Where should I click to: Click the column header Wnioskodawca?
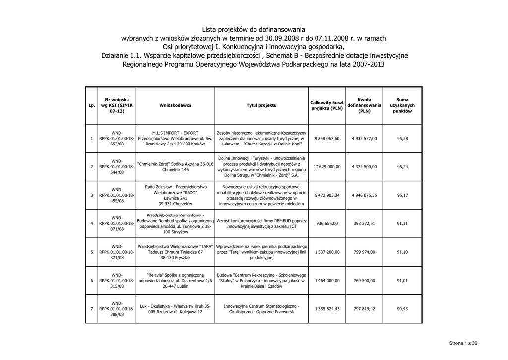coord(175,105)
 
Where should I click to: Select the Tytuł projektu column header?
coord(261,105)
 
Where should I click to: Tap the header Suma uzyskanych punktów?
coord(402,105)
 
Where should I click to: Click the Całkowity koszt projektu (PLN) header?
coord(327,105)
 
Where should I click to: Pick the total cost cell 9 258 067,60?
coord(327,138)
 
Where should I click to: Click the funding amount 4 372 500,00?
coord(364,166)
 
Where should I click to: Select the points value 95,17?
coord(402,195)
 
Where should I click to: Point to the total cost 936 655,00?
coord(327,223)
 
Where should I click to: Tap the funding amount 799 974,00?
coord(364,252)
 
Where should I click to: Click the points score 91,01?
coord(402,281)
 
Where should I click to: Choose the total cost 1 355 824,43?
coord(327,309)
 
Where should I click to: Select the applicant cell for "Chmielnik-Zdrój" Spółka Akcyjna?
coord(175,166)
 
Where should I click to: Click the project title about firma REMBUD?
coord(261,223)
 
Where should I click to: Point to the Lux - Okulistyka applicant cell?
coord(175,309)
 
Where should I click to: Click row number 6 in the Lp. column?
coord(92,281)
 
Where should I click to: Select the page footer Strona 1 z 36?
coord(463,343)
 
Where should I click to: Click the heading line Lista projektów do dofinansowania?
coord(254,29)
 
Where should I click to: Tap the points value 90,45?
coord(402,309)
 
